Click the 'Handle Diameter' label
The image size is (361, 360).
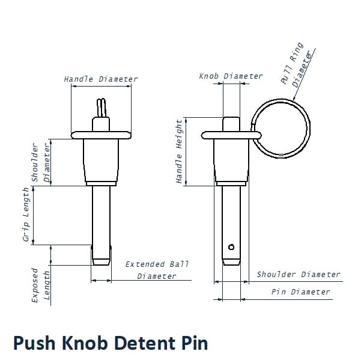tap(101, 79)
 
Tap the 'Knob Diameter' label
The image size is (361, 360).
tap(231, 76)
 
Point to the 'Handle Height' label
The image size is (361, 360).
tap(179, 151)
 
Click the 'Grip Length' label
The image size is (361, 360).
tap(26, 215)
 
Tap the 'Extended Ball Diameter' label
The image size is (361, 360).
tap(157, 270)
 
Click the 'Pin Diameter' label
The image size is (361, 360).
tap(300, 292)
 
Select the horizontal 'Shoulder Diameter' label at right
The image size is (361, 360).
tap(299, 275)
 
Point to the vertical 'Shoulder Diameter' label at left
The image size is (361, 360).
tap(41, 163)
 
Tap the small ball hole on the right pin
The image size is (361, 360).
tap(231, 246)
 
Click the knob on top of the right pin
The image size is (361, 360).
tap(231, 124)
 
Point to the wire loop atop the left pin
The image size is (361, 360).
tap(102, 108)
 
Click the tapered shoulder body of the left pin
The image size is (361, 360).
tap(101, 159)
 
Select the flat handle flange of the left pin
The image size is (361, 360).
tap(101, 134)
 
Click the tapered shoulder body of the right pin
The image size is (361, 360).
tap(231, 159)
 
